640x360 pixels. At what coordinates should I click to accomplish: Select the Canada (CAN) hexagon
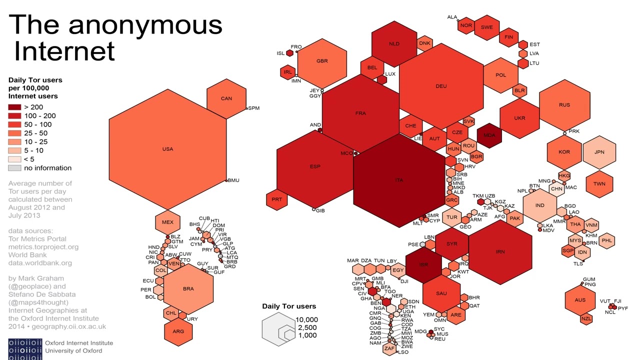226,98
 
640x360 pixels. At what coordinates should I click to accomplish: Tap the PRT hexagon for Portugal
276,199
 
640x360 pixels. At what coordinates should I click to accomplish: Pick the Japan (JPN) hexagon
599,152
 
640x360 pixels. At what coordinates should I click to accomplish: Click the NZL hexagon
586,318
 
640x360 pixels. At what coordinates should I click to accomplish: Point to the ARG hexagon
178,331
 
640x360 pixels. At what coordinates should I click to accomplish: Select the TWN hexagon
599,183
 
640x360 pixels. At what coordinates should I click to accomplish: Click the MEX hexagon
167,222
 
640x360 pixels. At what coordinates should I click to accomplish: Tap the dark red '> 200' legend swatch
14,107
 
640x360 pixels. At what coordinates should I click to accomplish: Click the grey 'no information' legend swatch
14,168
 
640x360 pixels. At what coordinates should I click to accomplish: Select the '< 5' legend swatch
14,159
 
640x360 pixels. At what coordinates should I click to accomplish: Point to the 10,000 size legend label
306,319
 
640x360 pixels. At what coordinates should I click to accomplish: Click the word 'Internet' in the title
64,50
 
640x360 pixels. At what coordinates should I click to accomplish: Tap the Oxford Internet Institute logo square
25,348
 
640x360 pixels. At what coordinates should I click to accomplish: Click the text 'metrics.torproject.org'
43,247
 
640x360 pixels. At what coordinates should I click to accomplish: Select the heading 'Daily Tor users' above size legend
289,306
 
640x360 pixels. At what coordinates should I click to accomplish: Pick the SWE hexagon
486,27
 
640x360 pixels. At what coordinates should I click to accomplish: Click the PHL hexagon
607,240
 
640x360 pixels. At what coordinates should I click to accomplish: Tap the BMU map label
233,180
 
